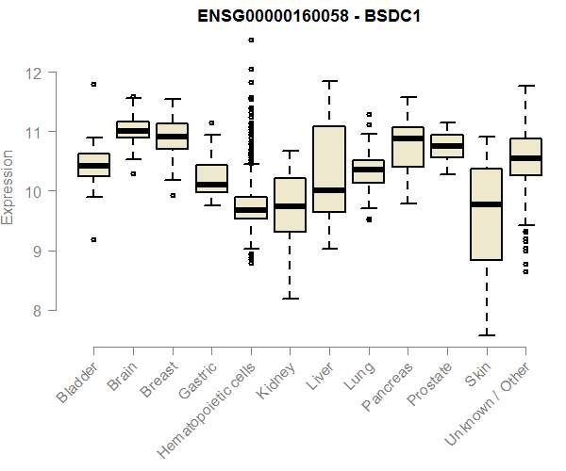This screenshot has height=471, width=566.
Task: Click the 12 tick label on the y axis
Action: pos(34,72)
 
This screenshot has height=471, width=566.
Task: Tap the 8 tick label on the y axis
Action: pos(39,310)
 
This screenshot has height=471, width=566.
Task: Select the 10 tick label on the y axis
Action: pos(34,191)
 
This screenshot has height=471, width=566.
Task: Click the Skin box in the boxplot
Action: pos(486,214)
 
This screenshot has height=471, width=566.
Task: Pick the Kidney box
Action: pos(290,204)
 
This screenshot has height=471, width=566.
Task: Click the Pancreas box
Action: pos(408,146)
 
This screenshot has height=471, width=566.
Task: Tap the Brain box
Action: pos(133,130)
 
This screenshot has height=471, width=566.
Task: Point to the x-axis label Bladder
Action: pos(76,382)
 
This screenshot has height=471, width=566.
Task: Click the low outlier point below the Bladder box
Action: pos(93,239)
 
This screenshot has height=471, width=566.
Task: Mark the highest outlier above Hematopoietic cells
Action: pos(251,40)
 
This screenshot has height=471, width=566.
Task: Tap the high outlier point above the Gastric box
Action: pos(211,122)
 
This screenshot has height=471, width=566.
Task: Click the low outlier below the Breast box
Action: pos(173,195)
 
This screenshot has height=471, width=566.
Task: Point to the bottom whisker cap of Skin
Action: pos(486,334)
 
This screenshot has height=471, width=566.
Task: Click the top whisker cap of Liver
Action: pos(329,81)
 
